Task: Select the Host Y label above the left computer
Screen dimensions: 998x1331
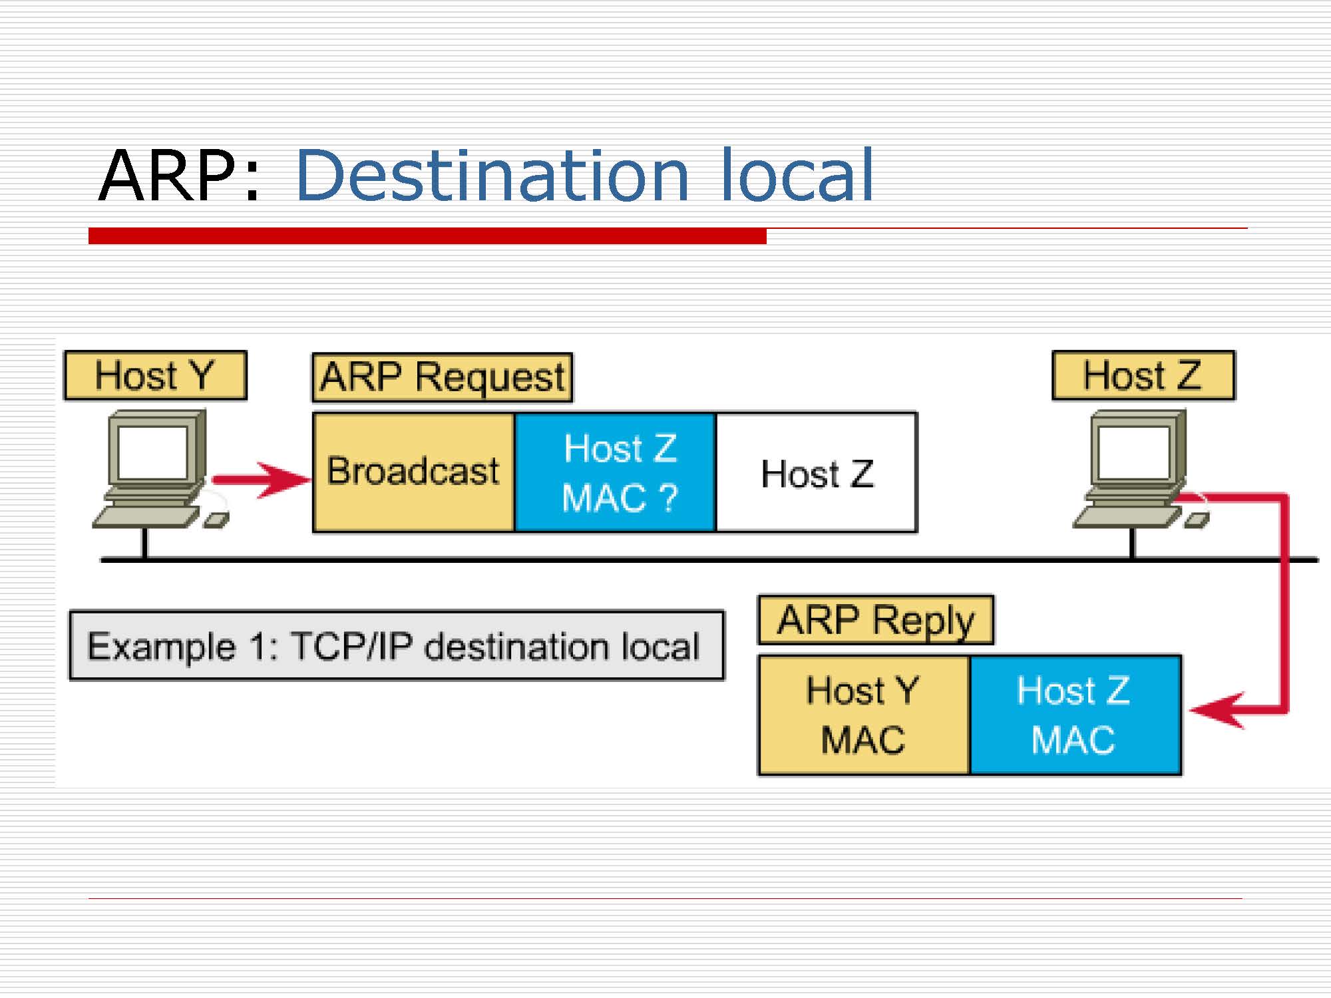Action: click(155, 376)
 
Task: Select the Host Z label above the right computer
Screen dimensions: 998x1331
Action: click(1143, 376)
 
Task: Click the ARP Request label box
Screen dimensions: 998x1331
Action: click(443, 377)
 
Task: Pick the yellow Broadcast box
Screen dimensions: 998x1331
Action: click(413, 472)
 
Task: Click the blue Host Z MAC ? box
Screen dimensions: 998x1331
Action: click(616, 472)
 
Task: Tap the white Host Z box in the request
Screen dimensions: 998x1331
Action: click(817, 473)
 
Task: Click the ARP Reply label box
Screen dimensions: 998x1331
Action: click(876, 620)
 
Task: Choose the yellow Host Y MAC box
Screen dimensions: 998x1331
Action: click(863, 715)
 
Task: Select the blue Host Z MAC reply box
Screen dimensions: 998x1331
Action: click(1075, 715)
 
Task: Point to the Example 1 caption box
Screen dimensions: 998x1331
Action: click(397, 645)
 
